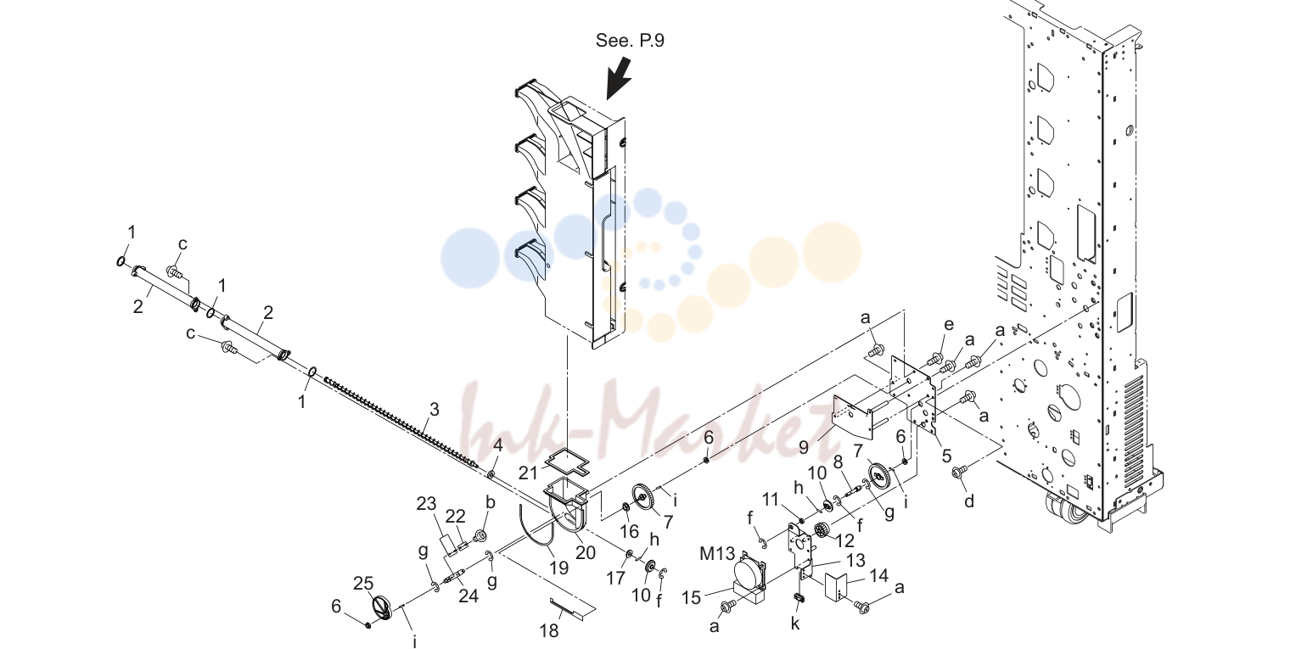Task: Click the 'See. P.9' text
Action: [x=630, y=40]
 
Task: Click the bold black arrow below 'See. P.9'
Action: [x=619, y=77]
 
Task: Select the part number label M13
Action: [x=717, y=553]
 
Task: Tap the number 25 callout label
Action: [x=363, y=583]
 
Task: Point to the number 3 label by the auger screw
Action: [x=434, y=410]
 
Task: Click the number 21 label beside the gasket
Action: [x=528, y=473]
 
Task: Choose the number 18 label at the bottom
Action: [x=549, y=630]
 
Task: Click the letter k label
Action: [x=795, y=623]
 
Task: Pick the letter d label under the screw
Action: [x=969, y=501]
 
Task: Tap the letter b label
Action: [x=491, y=502]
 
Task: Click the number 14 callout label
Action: [x=878, y=575]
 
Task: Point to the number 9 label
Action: [x=804, y=448]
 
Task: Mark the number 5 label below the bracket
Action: [x=946, y=456]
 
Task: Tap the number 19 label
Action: [x=558, y=568]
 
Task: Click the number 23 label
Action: [x=427, y=502]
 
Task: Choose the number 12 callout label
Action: [x=844, y=541]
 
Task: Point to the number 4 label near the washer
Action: [x=497, y=445]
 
